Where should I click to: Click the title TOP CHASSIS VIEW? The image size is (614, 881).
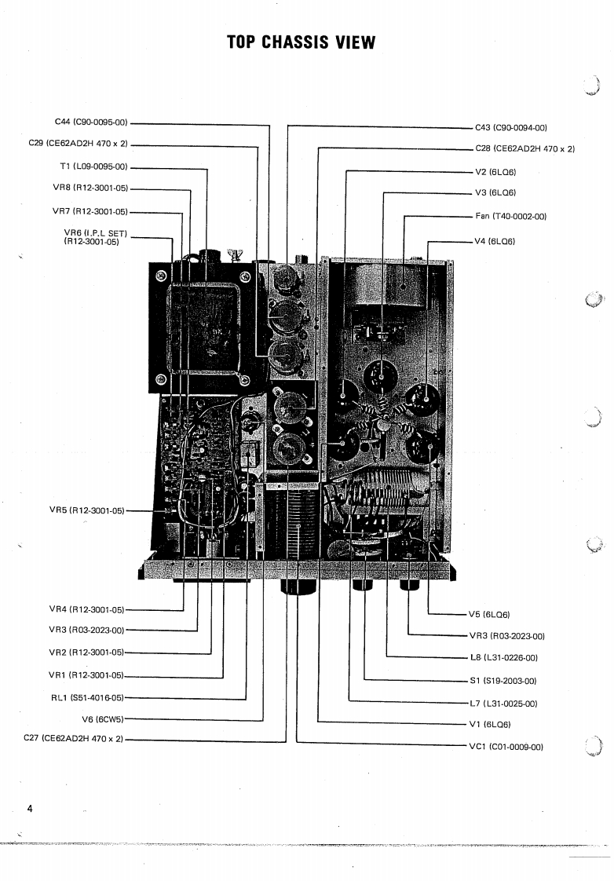(x=301, y=42)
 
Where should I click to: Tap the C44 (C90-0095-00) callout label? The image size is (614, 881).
(x=91, y=122)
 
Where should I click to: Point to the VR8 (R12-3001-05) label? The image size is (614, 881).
(x=90, y=188)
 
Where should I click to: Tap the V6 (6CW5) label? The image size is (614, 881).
(x=104, y=718)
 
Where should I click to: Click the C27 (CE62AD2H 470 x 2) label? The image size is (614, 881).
(x=75, y=739)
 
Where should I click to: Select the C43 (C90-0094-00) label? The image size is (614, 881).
(x=511, y=127)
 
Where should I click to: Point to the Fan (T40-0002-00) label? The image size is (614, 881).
(x=511, y=216)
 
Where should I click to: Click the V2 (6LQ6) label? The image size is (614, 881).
(x=495, y=172)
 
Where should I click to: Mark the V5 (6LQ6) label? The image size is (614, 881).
(x=489, y=615)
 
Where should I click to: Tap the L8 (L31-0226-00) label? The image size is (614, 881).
(x=503, y=658)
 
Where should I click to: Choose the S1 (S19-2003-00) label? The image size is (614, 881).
(x=503, y=681)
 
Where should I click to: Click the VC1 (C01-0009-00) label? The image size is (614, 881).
(x=506, y=747)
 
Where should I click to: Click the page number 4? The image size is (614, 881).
(x=29, y=809)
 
